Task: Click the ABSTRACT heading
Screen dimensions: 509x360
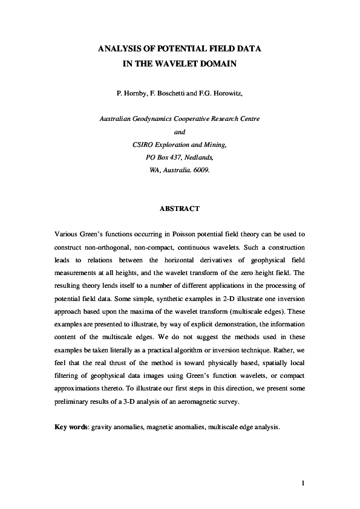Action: tap(180, 209)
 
